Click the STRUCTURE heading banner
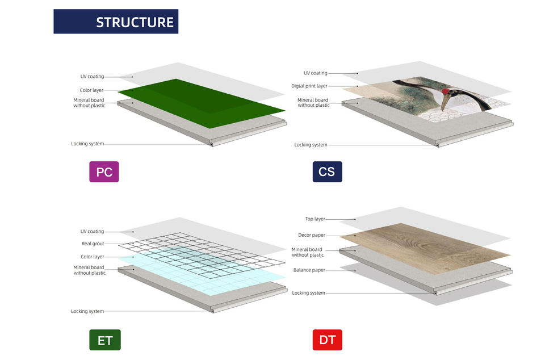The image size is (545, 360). coord(116,22)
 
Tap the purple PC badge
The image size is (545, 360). coord(104,171)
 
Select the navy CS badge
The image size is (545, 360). coord(327,171)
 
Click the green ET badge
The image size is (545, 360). coord(105,340)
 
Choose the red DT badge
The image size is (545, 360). coord(328,340)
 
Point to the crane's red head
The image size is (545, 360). coord(445,91)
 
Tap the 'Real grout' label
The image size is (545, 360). coord(93,244)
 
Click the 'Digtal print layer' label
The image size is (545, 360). coord(309,86)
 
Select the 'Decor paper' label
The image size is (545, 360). coord(312,235)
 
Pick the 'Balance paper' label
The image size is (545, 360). coord(309,270)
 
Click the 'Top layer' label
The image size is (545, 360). coord(315,219)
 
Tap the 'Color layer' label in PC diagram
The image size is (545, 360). coord(92,90)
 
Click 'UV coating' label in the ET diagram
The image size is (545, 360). coord(92,232)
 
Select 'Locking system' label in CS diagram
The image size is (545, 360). coord(311,145)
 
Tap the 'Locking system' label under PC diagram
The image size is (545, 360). coord(87,144)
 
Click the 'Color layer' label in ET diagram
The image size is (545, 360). coord(93,257)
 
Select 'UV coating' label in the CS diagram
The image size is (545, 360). coord(316,73)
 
